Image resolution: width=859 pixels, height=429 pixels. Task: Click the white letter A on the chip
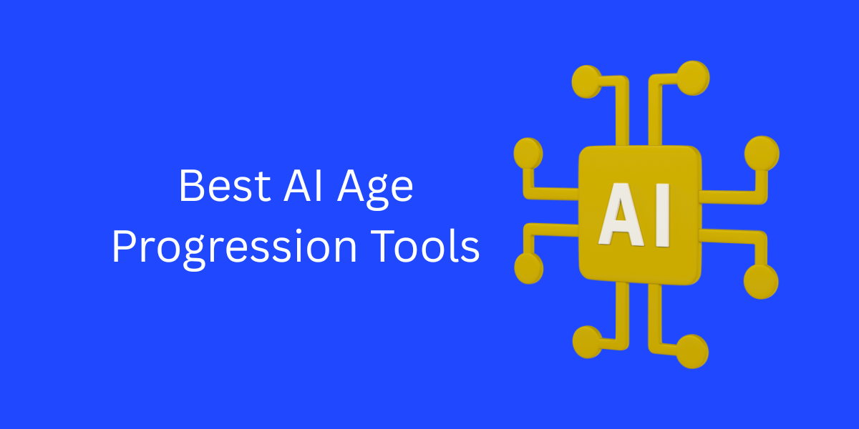tap(622, 213)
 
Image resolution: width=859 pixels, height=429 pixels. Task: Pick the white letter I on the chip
tap(662, 213)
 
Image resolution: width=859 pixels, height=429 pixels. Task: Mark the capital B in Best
tap(191, 187)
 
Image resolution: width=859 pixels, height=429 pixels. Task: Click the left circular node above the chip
tap(587, 80)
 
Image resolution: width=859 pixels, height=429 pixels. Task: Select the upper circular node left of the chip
tap(529, 152)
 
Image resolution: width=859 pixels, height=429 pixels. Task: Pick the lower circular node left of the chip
tap(529, 268)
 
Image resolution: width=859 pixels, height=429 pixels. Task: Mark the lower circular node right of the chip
tap(760, 280)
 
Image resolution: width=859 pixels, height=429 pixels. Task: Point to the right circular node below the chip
tap(691, 350)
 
